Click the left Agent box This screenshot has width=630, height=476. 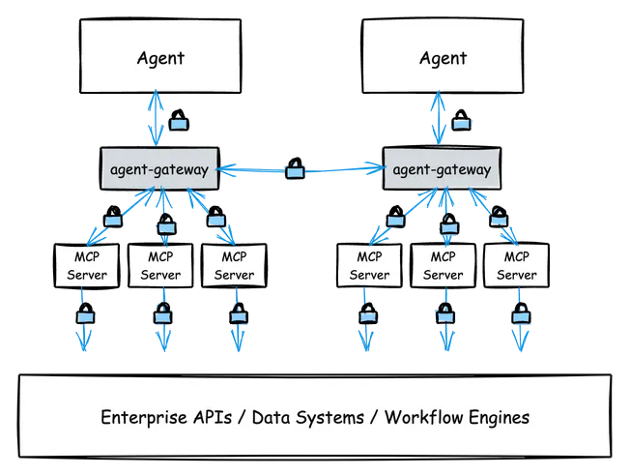159,57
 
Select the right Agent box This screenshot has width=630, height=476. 442,57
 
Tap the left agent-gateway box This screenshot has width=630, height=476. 159,170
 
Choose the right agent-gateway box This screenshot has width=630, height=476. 442,170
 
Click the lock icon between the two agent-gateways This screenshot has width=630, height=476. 297,173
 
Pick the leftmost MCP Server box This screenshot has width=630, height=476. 87,266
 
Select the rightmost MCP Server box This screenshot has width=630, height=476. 517,266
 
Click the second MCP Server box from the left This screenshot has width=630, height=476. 160,266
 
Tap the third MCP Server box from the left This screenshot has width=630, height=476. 234,266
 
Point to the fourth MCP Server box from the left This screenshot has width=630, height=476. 369,266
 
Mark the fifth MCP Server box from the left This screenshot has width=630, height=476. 444,266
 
